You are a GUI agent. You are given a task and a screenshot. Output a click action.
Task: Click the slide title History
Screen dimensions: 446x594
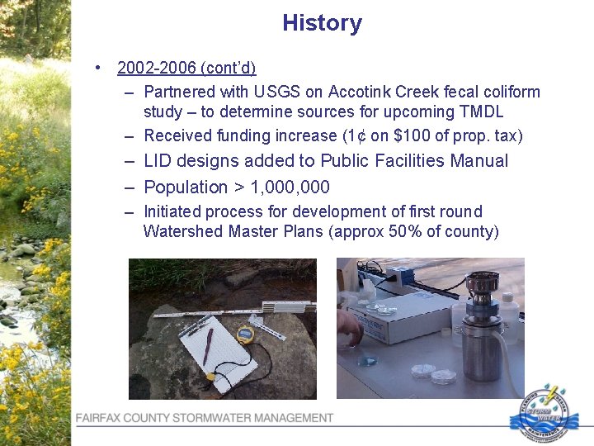point(322,23)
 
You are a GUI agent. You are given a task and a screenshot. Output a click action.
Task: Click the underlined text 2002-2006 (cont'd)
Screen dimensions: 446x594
point(186,68)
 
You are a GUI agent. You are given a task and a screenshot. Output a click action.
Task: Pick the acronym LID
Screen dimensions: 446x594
point(160,161)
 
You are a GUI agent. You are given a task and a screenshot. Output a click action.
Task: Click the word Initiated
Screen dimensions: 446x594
point(172,211)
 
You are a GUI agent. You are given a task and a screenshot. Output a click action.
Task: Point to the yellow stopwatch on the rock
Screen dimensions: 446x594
point(245,333)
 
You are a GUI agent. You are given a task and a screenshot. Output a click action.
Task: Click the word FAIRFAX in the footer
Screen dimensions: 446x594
point(101,419)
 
